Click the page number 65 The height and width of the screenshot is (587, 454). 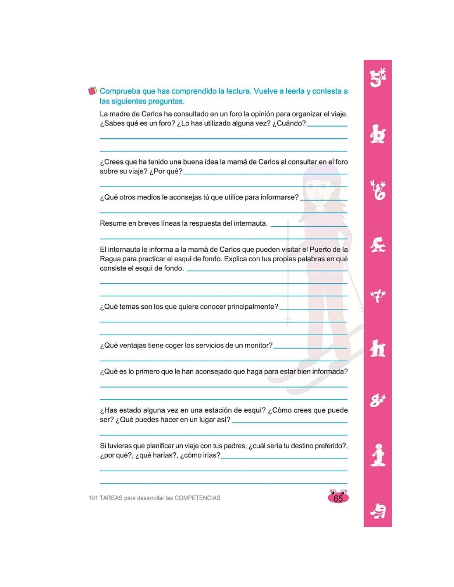pos(338,498)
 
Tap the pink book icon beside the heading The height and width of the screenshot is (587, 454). pos(93,91)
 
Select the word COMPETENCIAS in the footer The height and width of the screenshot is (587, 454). pos(197,498)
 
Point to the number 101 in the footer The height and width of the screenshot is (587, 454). pos(93,498)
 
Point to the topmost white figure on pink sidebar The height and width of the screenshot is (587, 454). pos(378,78)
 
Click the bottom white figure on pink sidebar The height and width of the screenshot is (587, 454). pos(378,512)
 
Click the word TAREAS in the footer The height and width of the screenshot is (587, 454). pos(111,498)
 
